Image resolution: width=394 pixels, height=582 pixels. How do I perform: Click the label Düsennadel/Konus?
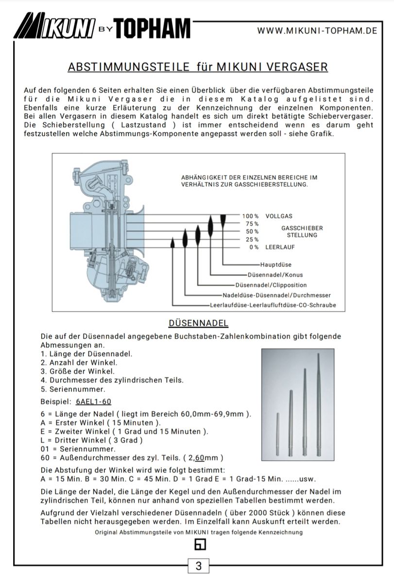(x=274, y=275)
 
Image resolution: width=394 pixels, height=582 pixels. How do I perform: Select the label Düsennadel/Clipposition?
(x=271, y=285)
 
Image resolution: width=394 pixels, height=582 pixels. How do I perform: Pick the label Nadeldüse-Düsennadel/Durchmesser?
(x=276, y=295)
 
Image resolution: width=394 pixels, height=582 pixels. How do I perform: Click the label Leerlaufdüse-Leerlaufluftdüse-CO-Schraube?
(x=273, y=305)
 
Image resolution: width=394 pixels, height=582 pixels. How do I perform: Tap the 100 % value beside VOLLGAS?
(x=250, y=216)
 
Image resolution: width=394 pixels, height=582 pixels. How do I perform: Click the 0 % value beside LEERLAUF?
(x=254, y=247)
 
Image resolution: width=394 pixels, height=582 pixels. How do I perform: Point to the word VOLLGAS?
(x=279, y=216)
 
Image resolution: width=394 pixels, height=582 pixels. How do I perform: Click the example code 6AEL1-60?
(x=94, y=402)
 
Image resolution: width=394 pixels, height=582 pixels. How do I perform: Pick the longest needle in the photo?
(x=318, y=407)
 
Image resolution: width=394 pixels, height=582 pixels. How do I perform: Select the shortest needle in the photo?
(x=277, y=434)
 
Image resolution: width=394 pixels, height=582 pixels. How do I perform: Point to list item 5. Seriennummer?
(x=73, y=389)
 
